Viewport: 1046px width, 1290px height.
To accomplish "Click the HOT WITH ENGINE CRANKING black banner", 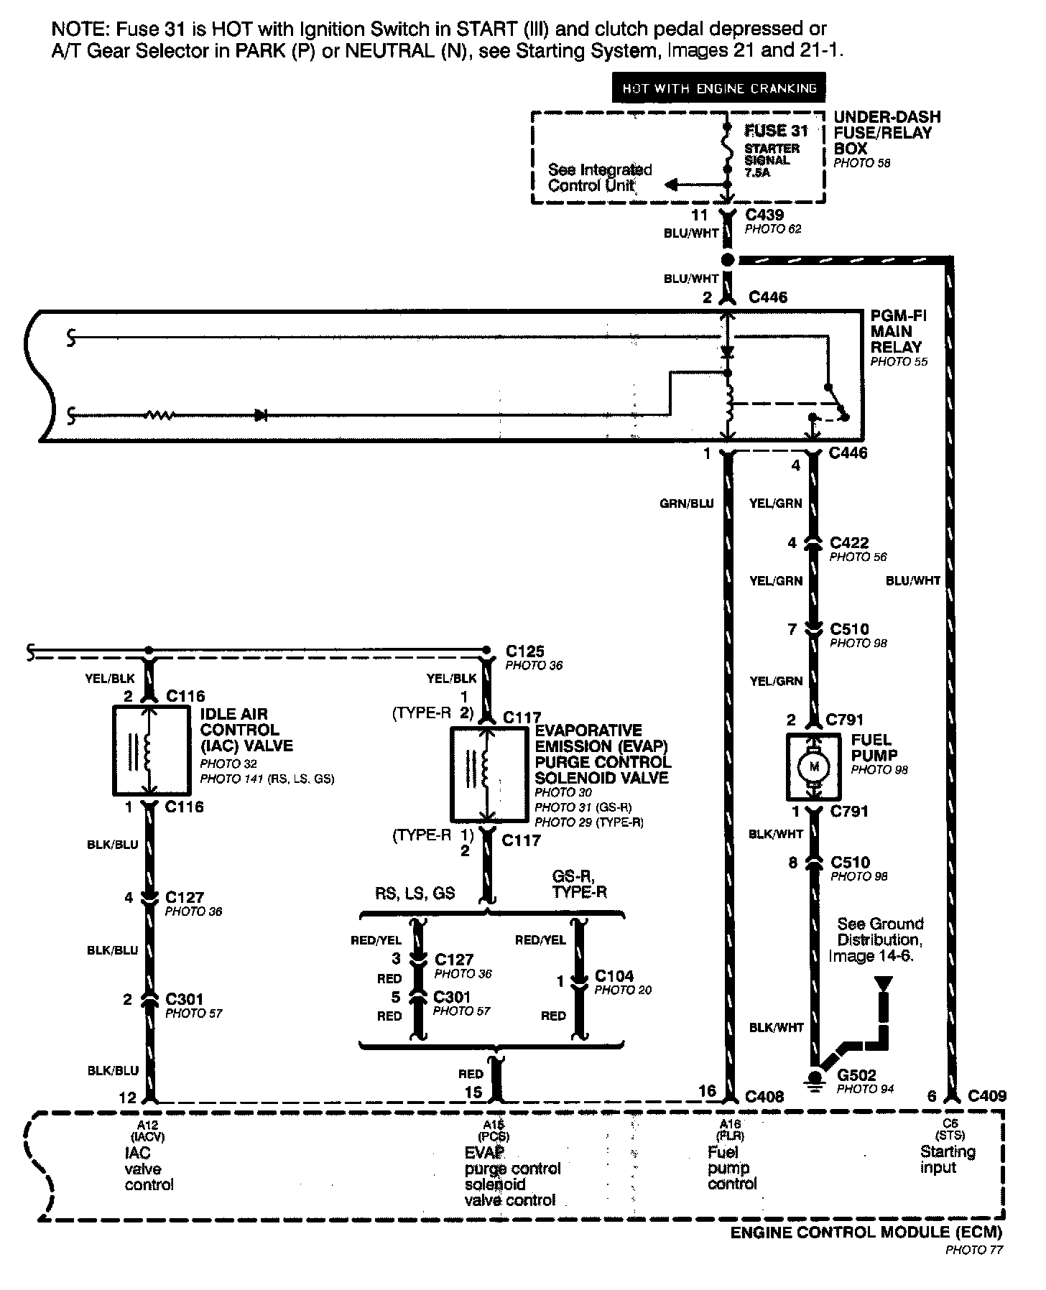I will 718,88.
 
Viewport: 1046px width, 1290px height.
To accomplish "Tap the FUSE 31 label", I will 776,131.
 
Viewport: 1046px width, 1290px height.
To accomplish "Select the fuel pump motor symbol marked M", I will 814,766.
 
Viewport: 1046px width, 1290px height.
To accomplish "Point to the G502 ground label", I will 857,1075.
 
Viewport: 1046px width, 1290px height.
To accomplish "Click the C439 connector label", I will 764,215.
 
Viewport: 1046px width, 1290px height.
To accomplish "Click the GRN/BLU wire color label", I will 686,504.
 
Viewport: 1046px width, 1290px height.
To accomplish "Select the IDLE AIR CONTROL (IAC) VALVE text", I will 246,730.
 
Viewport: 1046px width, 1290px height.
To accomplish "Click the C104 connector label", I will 614,976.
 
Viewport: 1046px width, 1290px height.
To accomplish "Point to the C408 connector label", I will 764,1096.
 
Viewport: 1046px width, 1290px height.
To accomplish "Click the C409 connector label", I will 986,1096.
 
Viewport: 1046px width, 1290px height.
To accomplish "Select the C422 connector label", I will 849,543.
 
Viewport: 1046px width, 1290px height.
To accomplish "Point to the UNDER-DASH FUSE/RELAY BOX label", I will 887,133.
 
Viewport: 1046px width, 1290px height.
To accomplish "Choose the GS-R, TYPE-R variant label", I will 579,884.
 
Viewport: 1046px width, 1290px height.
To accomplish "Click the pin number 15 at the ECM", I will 473,1092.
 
